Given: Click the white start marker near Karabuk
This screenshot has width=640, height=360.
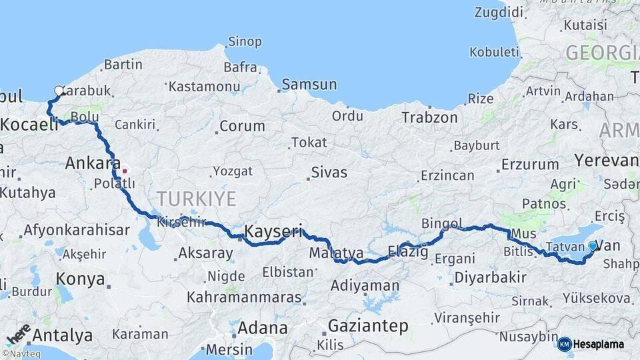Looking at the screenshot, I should [x=59, y=91].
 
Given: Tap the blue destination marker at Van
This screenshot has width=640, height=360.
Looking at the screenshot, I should [x=593, y=246].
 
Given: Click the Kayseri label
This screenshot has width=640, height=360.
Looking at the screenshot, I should [x=273, y=232].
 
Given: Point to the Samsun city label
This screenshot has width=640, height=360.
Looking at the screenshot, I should [x=309, y=85].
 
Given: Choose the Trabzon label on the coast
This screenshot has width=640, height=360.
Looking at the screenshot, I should [x=429, y=117].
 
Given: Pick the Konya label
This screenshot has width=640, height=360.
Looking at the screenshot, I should [x=80, y=279].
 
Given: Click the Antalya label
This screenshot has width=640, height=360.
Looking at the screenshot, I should [x=62, y=335].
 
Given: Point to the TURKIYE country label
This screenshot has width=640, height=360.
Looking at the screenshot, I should [x=196, y=199].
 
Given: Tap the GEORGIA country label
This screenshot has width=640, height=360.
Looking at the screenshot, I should [x=601, y=53].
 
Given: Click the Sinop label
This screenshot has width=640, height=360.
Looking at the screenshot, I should [x=245, y=41].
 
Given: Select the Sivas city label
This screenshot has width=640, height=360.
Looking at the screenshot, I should [x=329, y=173].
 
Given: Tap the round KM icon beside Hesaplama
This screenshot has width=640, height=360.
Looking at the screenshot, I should [x=565, y=344].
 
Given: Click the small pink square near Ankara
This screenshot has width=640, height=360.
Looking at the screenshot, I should [x=124, y=171].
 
